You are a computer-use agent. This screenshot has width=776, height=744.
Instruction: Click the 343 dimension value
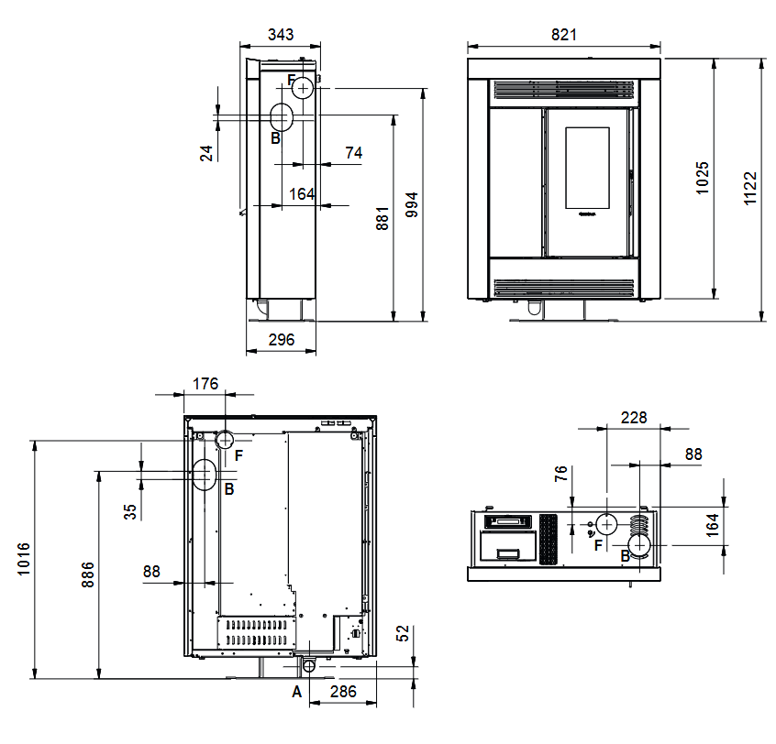point(281,35)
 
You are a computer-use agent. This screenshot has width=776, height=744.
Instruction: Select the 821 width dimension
point(564,35)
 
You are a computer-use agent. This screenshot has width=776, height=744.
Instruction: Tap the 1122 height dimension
point(750,189)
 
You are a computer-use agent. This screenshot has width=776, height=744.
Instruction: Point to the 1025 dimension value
point(703,178)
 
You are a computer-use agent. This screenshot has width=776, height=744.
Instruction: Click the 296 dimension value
point(281,340)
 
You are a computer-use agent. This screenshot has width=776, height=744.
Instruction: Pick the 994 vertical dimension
point(412,204)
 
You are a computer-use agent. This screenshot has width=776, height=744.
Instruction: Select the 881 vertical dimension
point(382,218)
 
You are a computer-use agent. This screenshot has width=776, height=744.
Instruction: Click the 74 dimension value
point(353,152)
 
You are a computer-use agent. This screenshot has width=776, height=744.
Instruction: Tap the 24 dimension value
point(206,153)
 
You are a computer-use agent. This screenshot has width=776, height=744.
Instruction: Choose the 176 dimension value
point(205,384)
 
